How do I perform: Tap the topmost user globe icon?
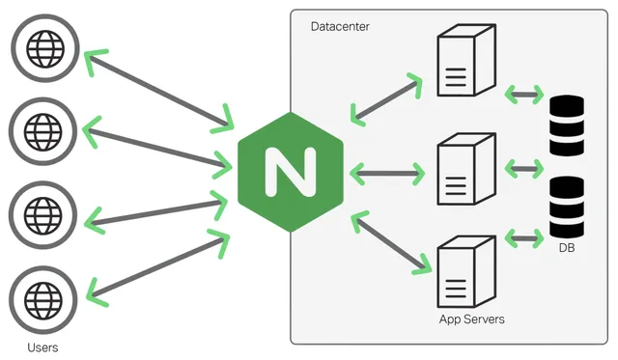pyautogui.click(x=42, y=45)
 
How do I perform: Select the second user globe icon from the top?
pyautogui.click(x=42, y=127)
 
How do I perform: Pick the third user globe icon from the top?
pyautogui.click(x=42, y=209)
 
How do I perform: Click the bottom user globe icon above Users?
pyautogui.click(x=42, y=291)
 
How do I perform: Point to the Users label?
pyautogui.click(x=41, y=345)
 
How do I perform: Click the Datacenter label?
pyautogui.click(x=340, y=26)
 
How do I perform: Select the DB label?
pyautogui.click(x=567, y=249)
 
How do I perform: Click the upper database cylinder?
pyautogui.click(x=567, y=125)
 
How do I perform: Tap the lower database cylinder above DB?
pyautogui.click(x=567, y=208)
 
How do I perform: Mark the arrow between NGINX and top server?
pyautogui.click(x=386, y=98)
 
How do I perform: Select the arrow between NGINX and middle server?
pyautogui.click(x=386, y=175)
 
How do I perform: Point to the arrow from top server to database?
pyautogui.click(x=523, y=95)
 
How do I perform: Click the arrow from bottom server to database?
pyautogui.click(x=523, y=236)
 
